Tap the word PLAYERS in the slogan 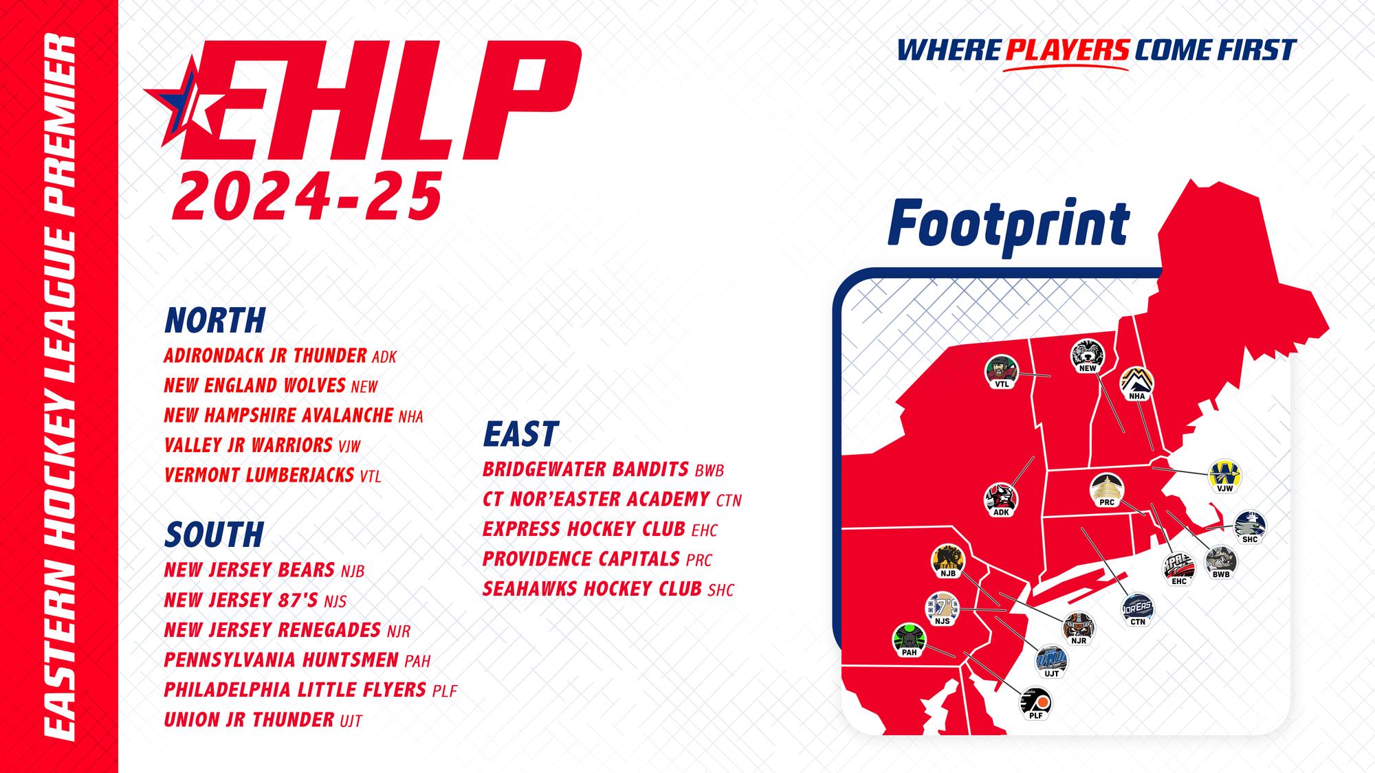(x=1068, y=51)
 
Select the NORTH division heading (x=215, y=320)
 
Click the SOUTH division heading (x=214, y=535)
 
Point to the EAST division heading (x=522, y=434)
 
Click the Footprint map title (x=1009, y=223)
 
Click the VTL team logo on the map (x=1002, y=372)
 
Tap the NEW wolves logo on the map (x=1088, y=356)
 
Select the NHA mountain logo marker (x=1137, y=383)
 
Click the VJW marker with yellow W (x=1225, y=476)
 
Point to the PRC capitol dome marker (x=1107, y=490)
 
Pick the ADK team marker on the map (x=1001, y=500)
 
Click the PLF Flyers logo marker (x=1035, y=703)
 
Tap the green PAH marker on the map (x=909, y=640)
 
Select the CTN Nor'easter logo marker (x=1138, y=609)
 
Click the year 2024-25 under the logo (x=307, y=197)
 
